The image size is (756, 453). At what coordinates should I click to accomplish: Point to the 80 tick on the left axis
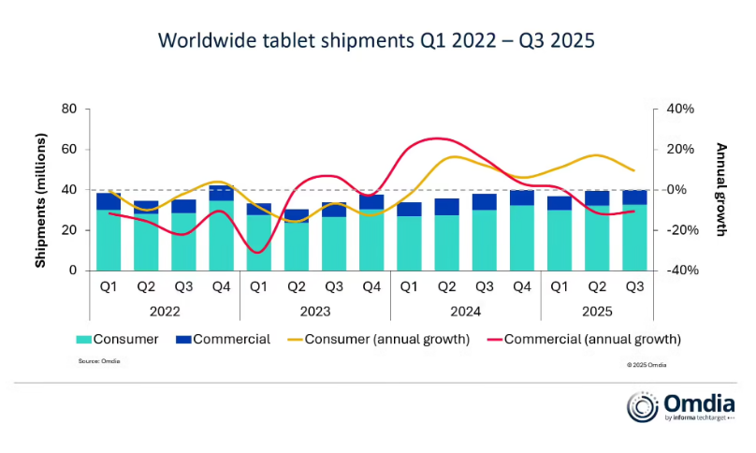tap(68, 110)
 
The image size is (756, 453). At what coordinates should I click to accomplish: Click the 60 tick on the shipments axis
tap(68, 150)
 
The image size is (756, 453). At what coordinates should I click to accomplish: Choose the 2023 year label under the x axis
tap(314, 308)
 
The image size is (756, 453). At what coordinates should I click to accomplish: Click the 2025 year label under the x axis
tap(596, 308)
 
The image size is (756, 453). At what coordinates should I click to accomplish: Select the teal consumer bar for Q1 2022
tap(109, 241)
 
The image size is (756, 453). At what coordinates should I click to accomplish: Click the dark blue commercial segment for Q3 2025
tap(634, 197)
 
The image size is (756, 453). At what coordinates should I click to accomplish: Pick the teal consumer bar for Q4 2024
tap(521, 238)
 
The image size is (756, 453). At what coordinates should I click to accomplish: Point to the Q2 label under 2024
tap(446, 287)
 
